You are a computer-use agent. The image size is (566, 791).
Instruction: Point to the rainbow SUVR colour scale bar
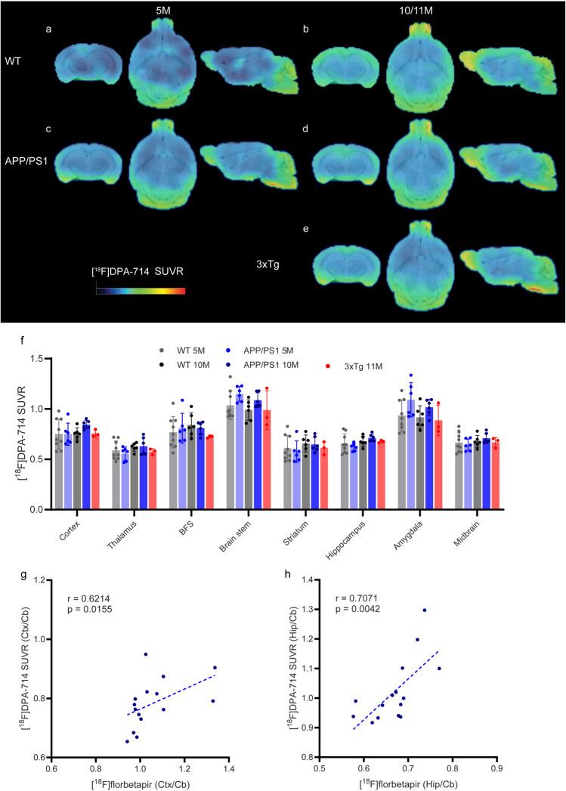coord(140,289)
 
